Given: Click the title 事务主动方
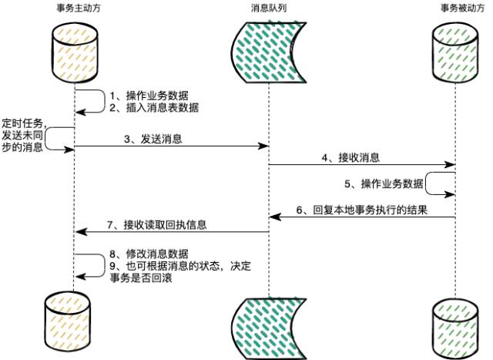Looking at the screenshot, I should [x=74, y=8].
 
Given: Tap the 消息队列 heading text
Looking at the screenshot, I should [x=268, y=8].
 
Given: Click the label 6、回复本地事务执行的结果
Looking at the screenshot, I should [x=361, y=210].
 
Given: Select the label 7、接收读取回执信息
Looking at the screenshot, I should [x=157, y=225].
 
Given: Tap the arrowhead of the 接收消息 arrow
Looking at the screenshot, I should [x=451, y=164].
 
